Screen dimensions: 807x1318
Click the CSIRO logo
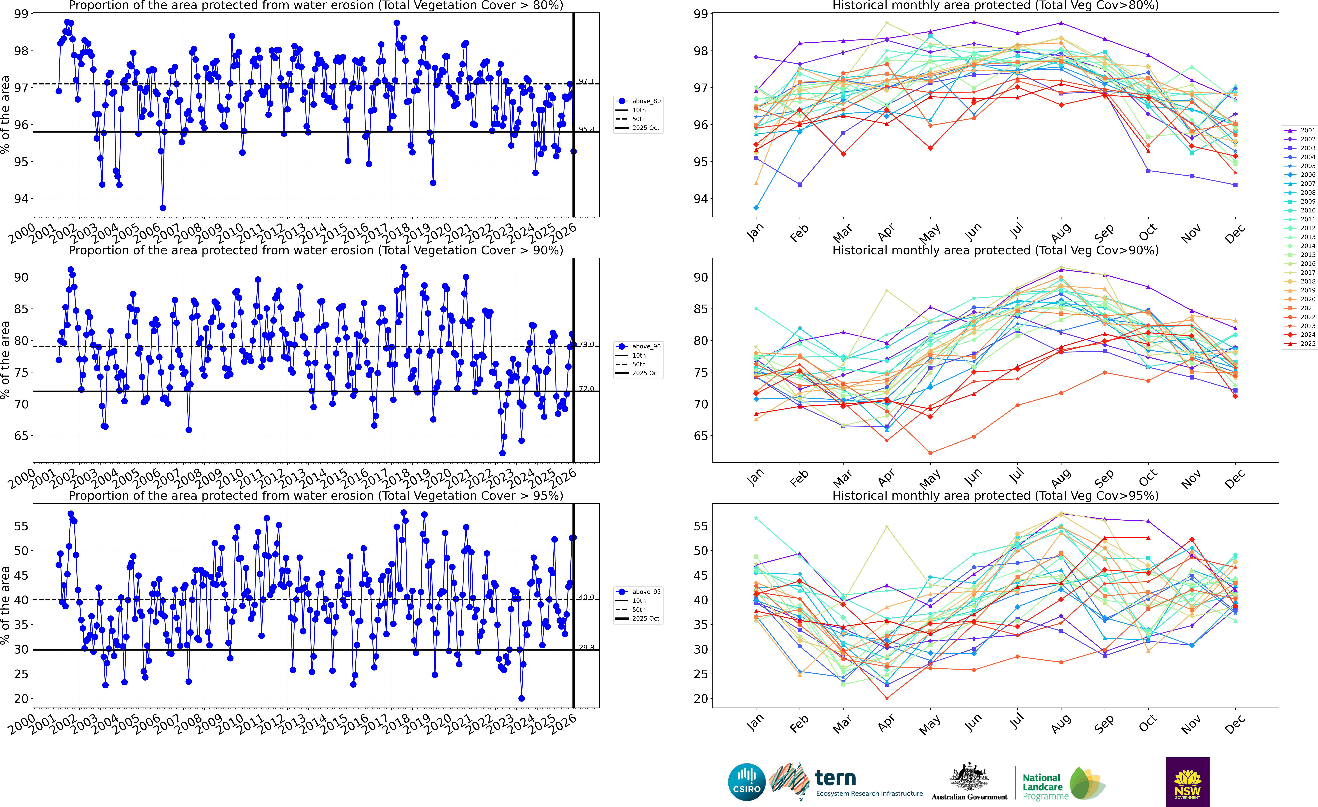click(x=747, y=782)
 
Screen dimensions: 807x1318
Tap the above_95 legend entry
click(x=646, y=592)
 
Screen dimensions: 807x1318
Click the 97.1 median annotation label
click(x=586, y=81)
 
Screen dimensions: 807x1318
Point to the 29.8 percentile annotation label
click(x=586, y=648)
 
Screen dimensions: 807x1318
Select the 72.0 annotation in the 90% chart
click(x=586, y=389)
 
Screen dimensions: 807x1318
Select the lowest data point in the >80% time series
click(x=163, y=208)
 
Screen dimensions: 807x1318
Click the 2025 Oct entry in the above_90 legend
click(x=646, y=373)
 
